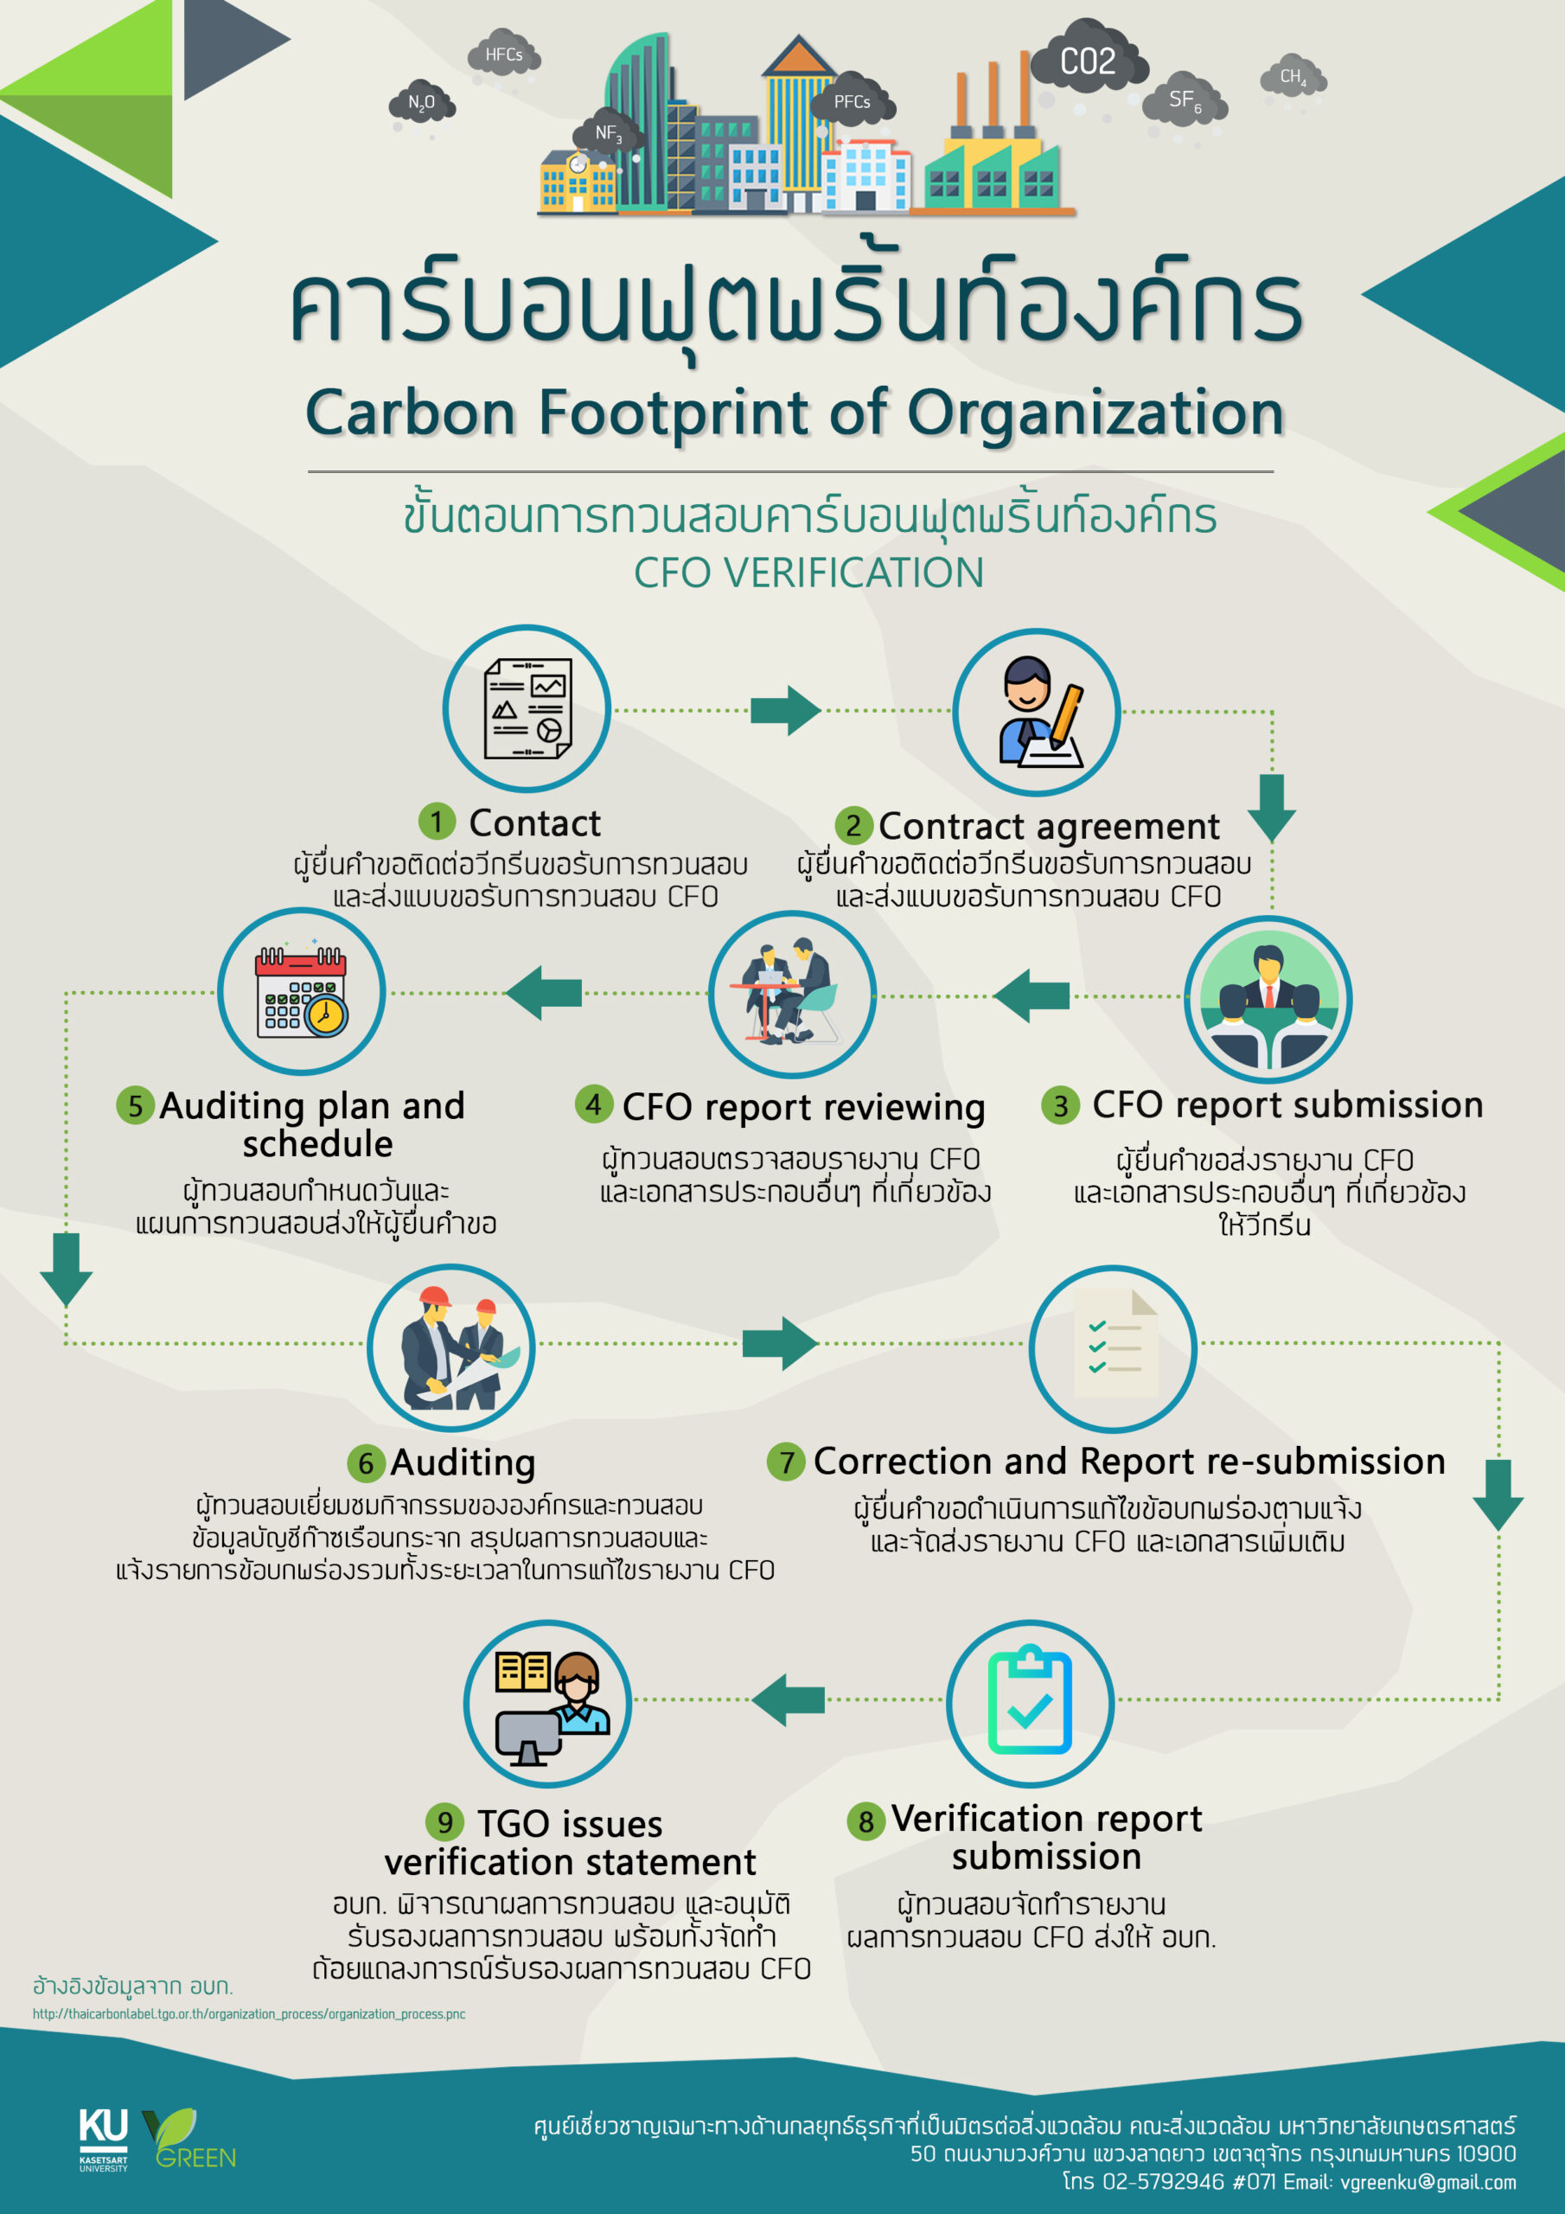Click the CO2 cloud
1089,61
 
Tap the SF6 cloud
1184,99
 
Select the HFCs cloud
504,55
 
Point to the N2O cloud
421,102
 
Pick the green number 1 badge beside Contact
437,822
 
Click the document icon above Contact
527,709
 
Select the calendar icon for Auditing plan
302,991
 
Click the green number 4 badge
594,1104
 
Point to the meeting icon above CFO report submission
1268,999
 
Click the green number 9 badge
444,1821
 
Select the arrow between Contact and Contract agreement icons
786,711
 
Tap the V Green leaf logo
189,2138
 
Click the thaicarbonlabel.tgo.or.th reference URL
249,2014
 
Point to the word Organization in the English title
1095,413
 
